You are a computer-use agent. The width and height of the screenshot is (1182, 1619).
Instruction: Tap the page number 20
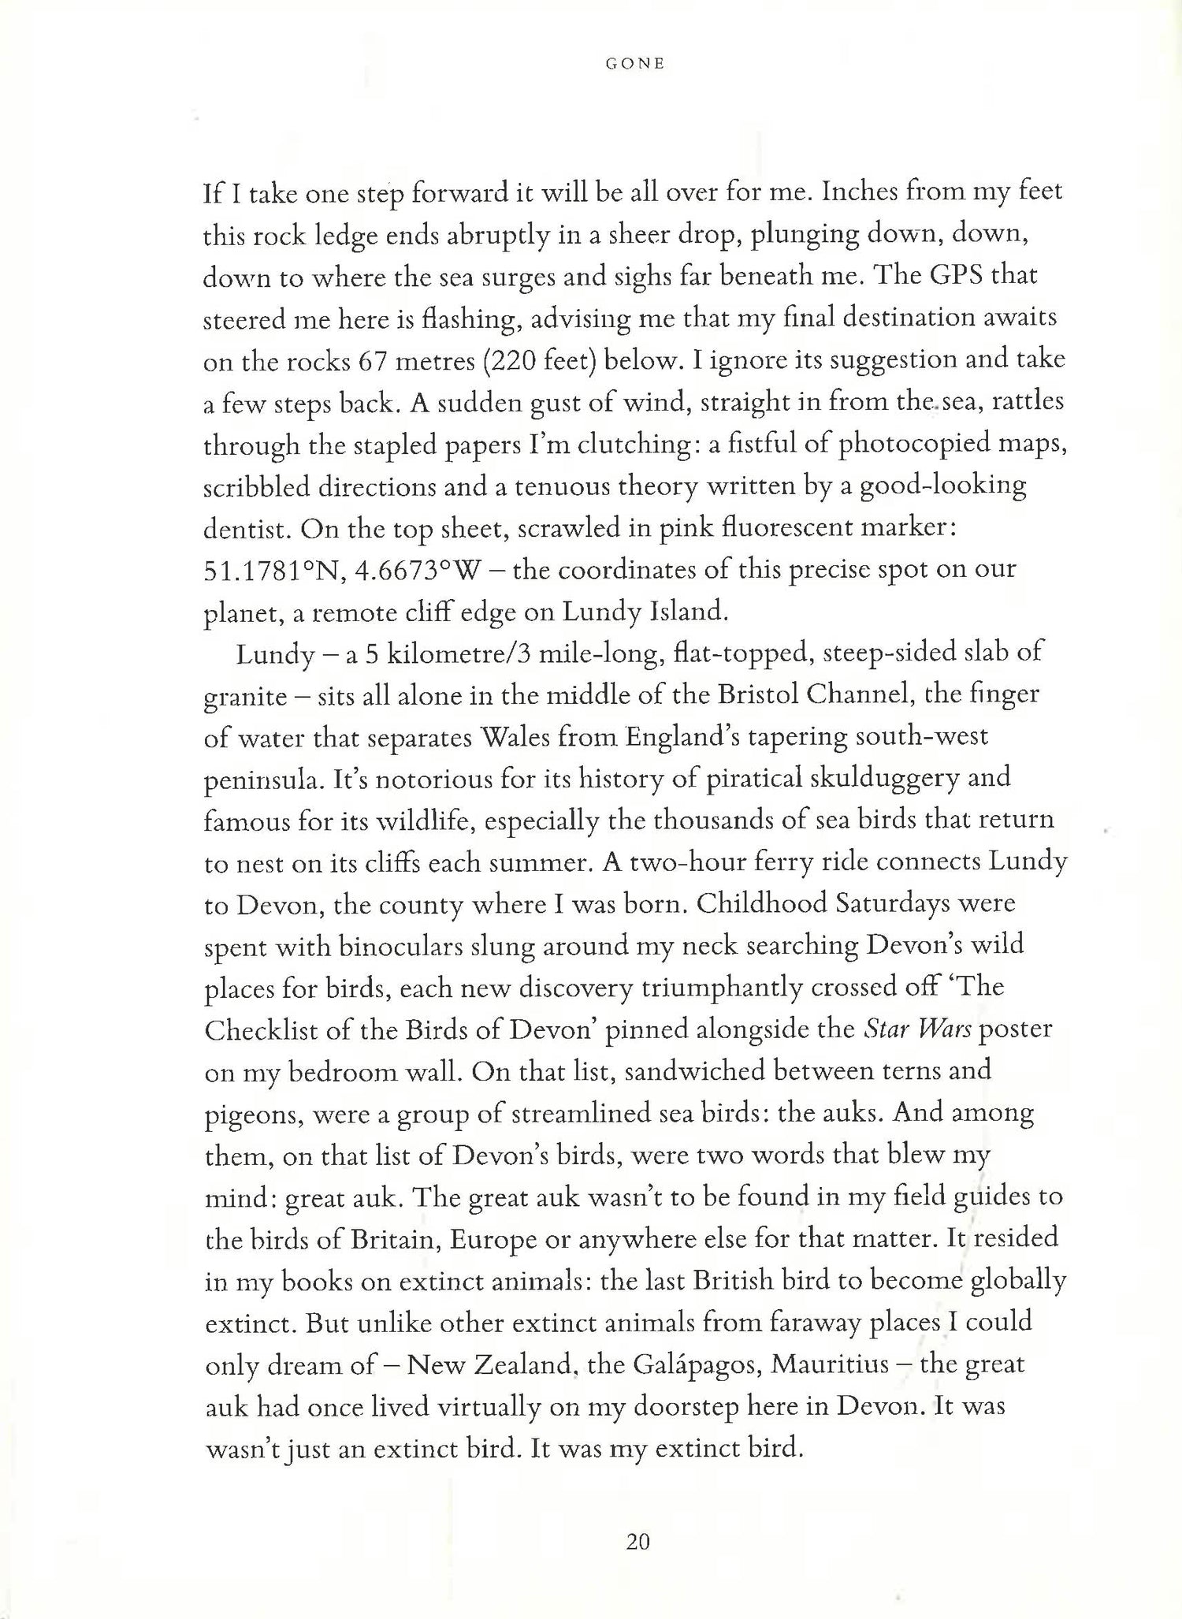point(637,1542)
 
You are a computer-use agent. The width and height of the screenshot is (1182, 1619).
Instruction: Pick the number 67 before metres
point(375,360)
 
